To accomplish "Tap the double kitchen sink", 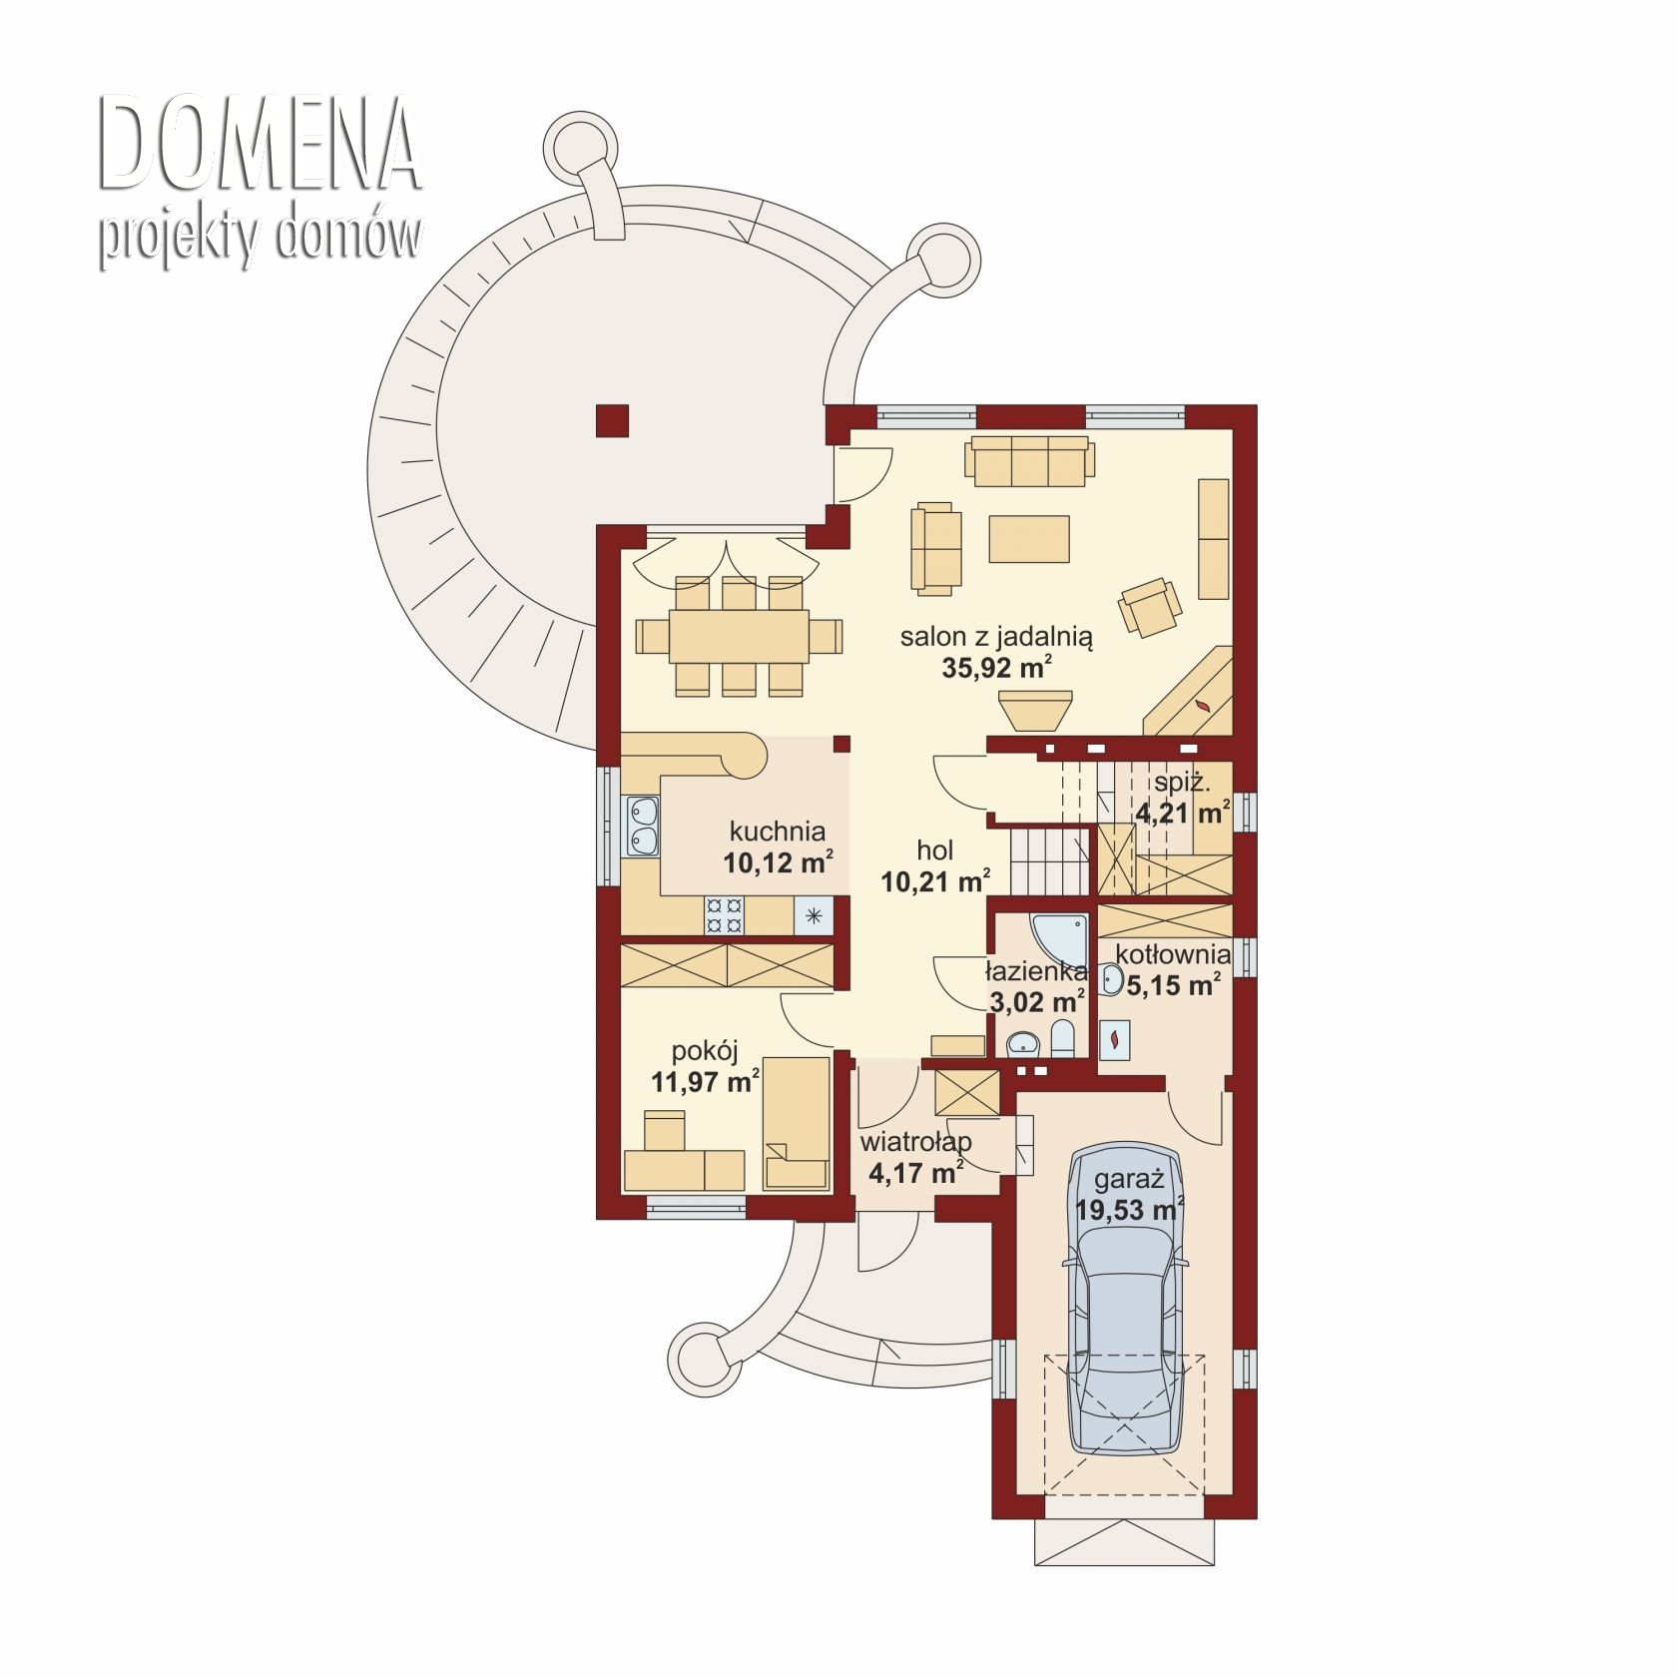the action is (642, 826).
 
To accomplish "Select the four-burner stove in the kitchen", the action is (724, 914).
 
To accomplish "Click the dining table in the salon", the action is (739, 636).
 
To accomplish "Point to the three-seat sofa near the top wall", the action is (1029, 461).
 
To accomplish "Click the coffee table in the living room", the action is (1029, 539).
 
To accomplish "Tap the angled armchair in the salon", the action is (1151, 606).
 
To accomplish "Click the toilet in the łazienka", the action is (1063, 1038).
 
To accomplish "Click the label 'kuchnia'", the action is (778, 831).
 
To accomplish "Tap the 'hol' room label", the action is (935, 849).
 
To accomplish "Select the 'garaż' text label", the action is (1129, 1179).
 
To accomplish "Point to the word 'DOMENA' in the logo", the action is (259, 145).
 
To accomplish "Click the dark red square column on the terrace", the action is (612, 420).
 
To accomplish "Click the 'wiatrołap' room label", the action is (915, 1140).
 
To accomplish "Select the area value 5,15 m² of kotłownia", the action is (1173, 985).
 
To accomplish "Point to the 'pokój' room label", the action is (705, 1050).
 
